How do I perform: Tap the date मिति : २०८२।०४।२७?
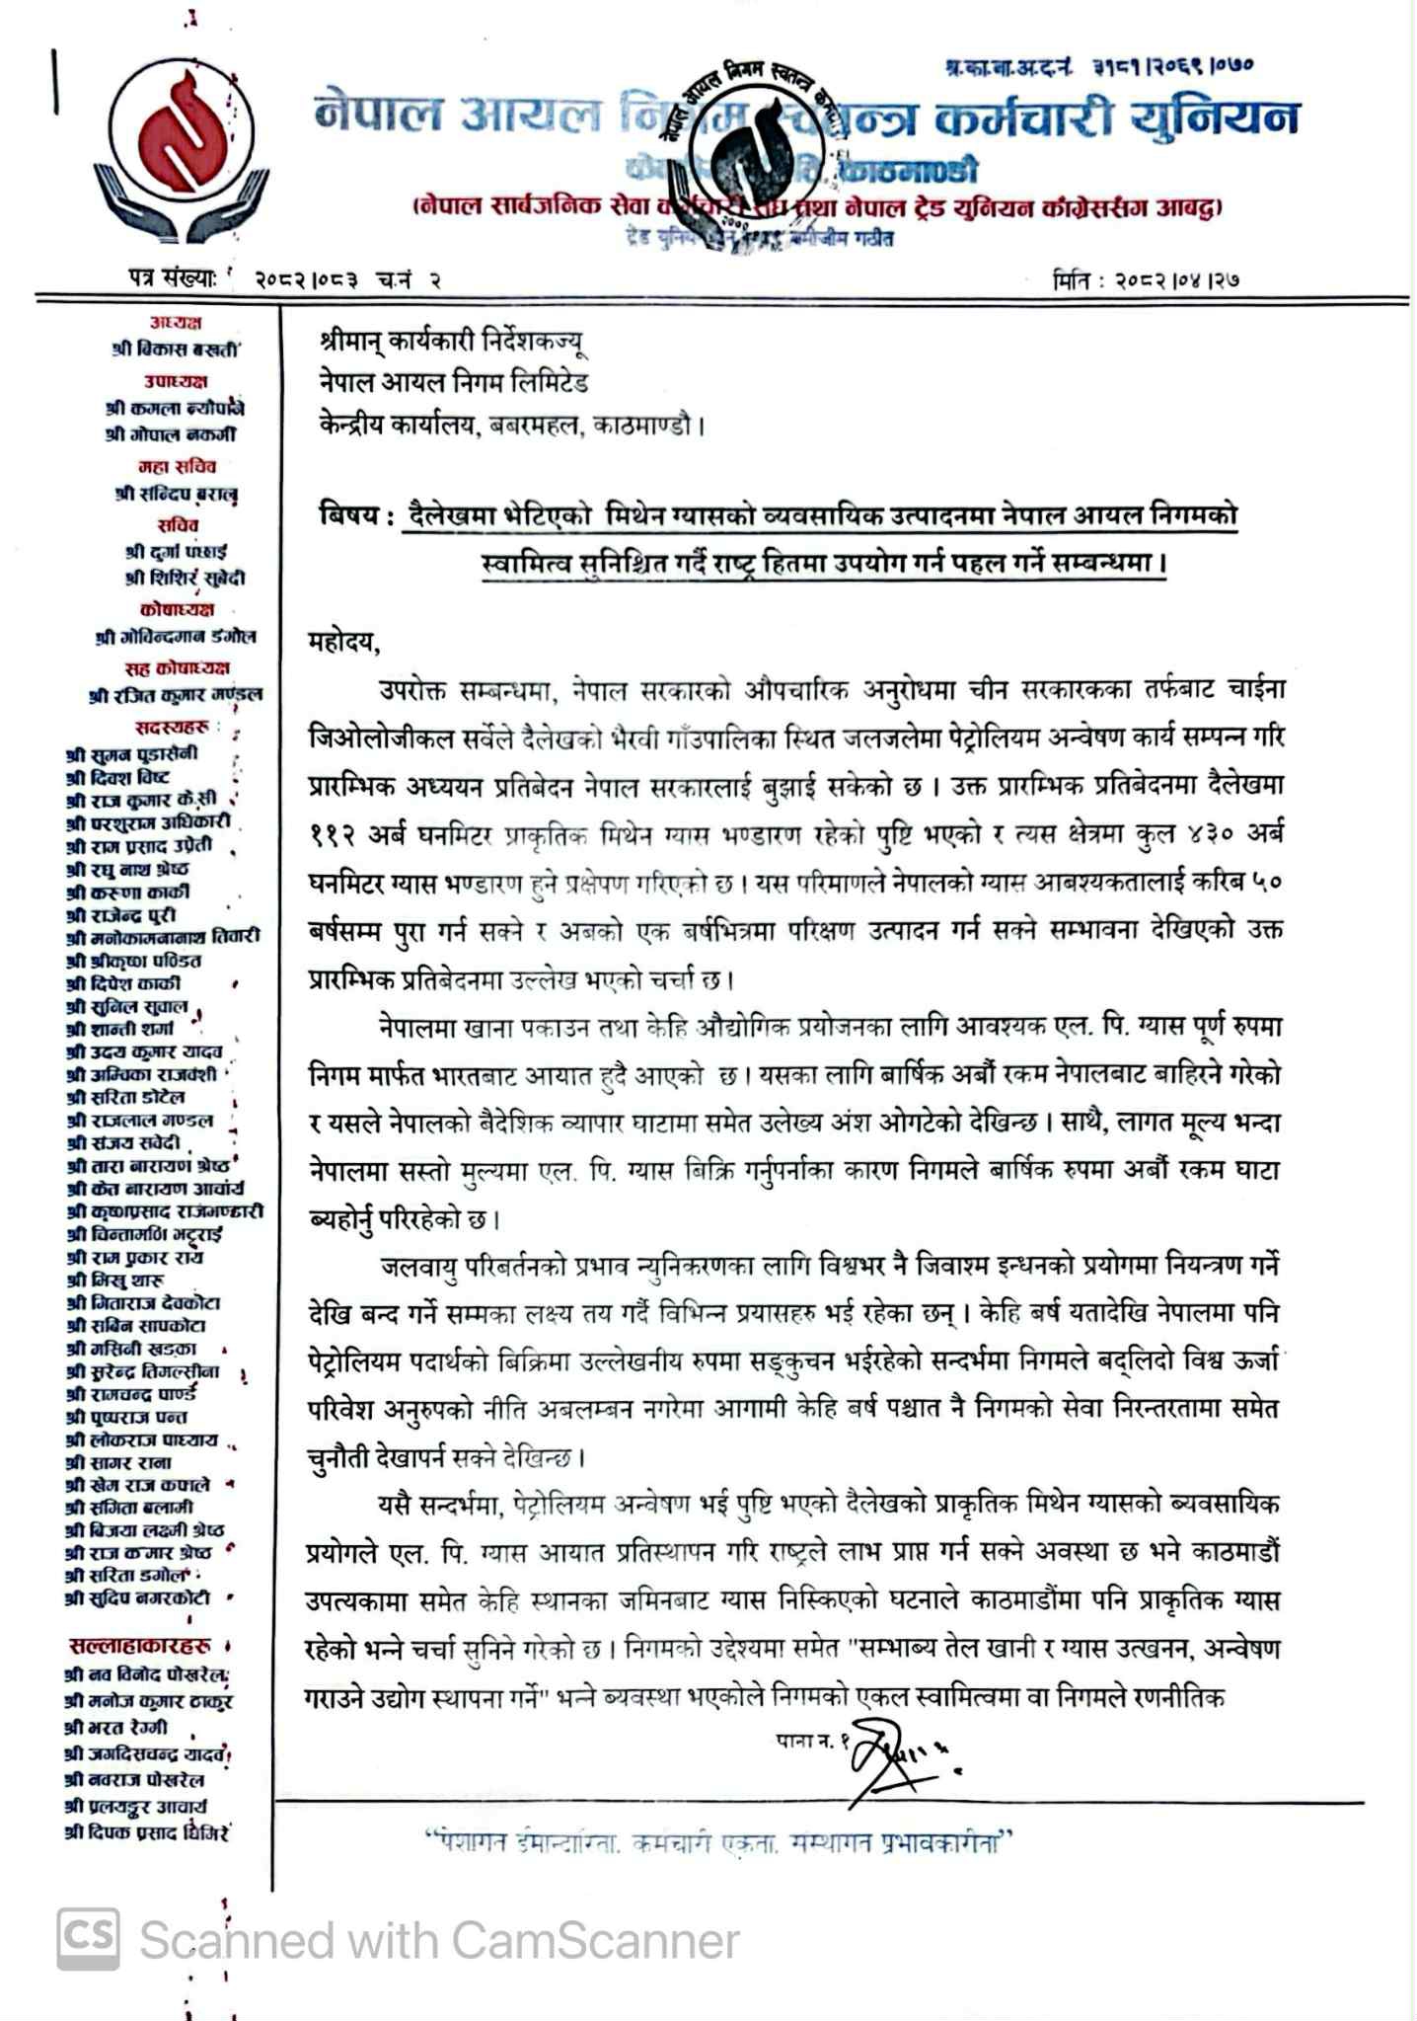click(x=1146, y=279)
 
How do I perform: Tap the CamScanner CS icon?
click(x=88, y=1940)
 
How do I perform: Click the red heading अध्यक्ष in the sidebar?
click(x=176, y=323)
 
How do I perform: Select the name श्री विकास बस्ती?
click(x=176, y=349)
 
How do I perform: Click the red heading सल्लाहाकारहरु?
click(x=140, y=1645)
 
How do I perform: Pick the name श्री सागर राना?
click(x=118, y=1462)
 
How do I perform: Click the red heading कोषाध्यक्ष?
click(x=176, y=609)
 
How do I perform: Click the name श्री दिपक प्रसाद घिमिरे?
click(x=146, y=1832)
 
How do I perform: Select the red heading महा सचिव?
click(x=176, y=466)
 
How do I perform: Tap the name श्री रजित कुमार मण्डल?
click(x=176, y=695)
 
